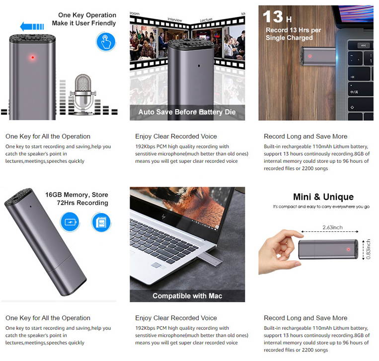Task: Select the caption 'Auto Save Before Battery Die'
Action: (x=187, y=112)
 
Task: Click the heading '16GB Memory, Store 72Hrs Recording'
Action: (x=76, y=199)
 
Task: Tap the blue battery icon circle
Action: (x=70, y=221)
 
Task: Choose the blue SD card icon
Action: (x=101, y=221)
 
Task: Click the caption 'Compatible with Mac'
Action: (x=187, y=296)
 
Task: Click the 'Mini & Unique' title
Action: (x=323, y=197)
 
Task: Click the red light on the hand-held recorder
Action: (x=349, y=249)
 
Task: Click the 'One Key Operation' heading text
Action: (x=86, y=15)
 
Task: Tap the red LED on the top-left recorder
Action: (x=33, y=58)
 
